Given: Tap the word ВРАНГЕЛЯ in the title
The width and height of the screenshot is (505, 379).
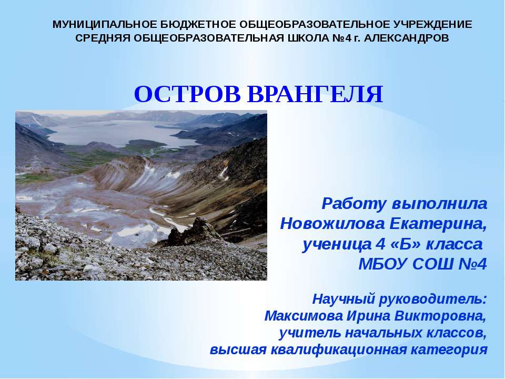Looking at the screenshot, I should (315, 95).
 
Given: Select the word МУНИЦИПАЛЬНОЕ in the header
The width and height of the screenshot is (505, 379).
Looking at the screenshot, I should (98, 25).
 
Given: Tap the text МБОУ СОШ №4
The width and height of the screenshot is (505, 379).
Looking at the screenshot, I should (422, 264).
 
